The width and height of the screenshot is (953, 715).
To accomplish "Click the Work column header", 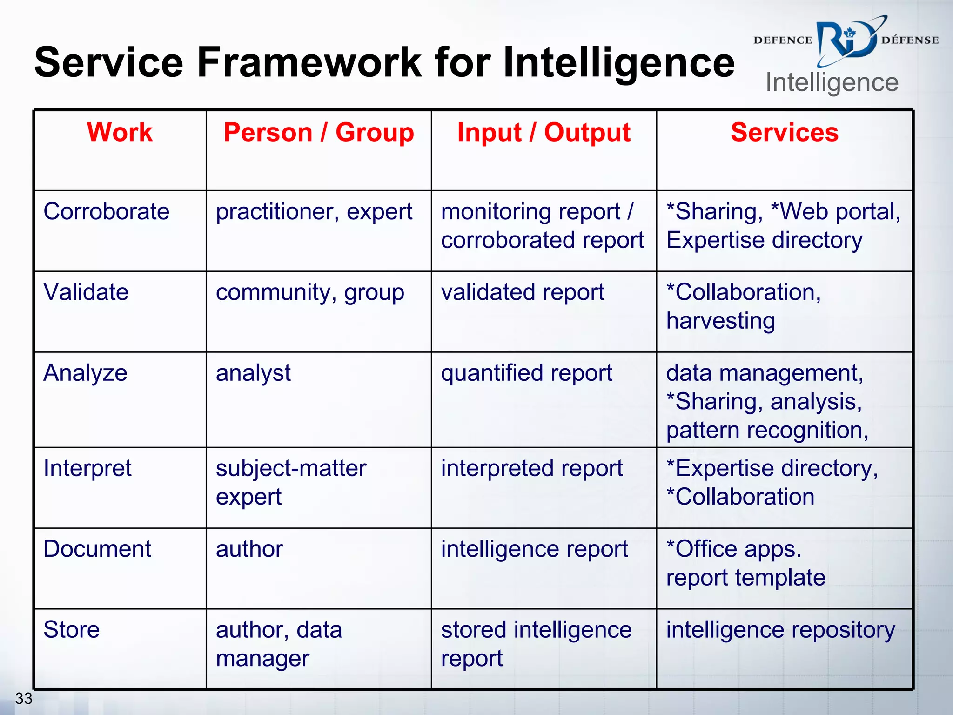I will click(120, 132).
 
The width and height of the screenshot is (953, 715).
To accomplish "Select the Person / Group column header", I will click(319, 132).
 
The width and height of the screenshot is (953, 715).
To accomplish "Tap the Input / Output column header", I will click(544, 132).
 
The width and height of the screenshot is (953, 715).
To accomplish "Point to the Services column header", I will click(785, 132).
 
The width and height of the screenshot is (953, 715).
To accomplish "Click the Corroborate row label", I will click(107, 211).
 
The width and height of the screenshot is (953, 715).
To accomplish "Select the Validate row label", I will click(86, 292).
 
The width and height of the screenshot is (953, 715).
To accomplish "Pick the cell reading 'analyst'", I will click(253, 373).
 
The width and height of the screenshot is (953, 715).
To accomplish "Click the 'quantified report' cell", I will click(526, 373).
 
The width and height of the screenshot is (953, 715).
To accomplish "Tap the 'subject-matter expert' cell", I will click(291, 482).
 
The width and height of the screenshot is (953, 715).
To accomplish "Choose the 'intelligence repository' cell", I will click(780, 630).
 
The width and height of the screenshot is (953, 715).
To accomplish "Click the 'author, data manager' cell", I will click(279, 644).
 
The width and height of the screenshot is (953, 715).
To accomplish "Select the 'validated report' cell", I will click(523, 292).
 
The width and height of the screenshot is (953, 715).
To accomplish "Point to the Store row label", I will click(72, 630).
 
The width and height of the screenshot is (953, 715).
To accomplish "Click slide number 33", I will click(24, 698).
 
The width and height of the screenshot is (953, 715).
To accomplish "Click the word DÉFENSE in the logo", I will click(910, 40).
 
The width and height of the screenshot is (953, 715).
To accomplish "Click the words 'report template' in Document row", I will click(745, 578).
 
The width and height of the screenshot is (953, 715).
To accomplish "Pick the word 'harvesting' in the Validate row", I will click(720, 321).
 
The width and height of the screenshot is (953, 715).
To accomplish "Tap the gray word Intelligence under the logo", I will click(832, 83).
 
